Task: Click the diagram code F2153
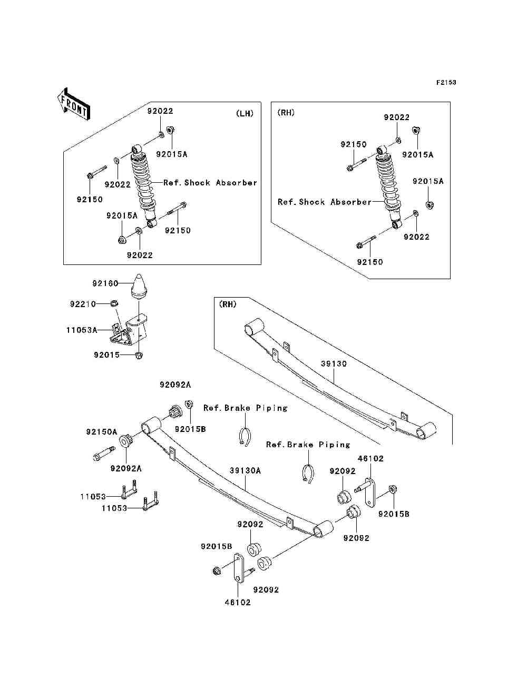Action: (445, 83)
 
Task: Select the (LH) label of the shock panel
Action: (245, 113)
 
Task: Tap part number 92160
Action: (105, 283)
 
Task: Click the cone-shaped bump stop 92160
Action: (139, 286)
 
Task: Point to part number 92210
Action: (83, 304)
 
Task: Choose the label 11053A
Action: (82, 330)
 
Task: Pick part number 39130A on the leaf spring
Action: (245, 470)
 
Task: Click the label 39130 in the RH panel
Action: (334, 363)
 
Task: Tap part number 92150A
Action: (102, 432)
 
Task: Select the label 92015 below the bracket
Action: (107, 355)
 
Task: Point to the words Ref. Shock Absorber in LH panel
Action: (210, 183)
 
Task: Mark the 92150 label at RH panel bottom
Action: (370, 262)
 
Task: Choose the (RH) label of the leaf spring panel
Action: (225, 304)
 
